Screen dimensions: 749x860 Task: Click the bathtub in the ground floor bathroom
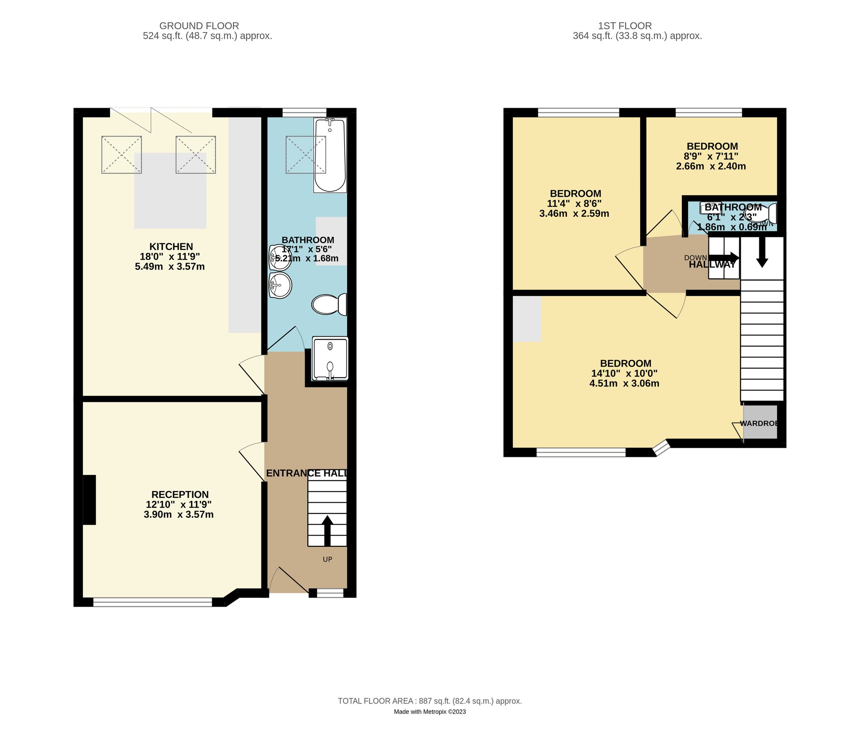point(330,156)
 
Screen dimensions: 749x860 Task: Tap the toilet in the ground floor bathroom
point(329,304)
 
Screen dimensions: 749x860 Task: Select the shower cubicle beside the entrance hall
point(330,359)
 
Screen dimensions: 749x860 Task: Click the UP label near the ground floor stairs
point(327,559)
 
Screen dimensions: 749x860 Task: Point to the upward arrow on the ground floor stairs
point(327,531)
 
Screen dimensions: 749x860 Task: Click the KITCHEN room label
point(171,247)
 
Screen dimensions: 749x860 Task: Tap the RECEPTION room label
point(180,494)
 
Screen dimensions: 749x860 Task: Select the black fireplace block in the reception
point(89,499)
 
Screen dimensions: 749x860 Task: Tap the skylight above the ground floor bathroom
point(305,155)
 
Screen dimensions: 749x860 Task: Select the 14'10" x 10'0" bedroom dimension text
point(624,373)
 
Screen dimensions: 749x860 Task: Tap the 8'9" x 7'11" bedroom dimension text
point(711,156)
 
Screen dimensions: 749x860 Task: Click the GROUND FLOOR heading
point(199,26)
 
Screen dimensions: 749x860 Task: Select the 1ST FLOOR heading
point(625,26)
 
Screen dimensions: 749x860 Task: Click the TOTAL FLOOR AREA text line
point(430,701)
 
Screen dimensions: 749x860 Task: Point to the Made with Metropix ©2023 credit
point(430,712)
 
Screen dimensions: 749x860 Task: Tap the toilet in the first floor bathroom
point(766,213)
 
